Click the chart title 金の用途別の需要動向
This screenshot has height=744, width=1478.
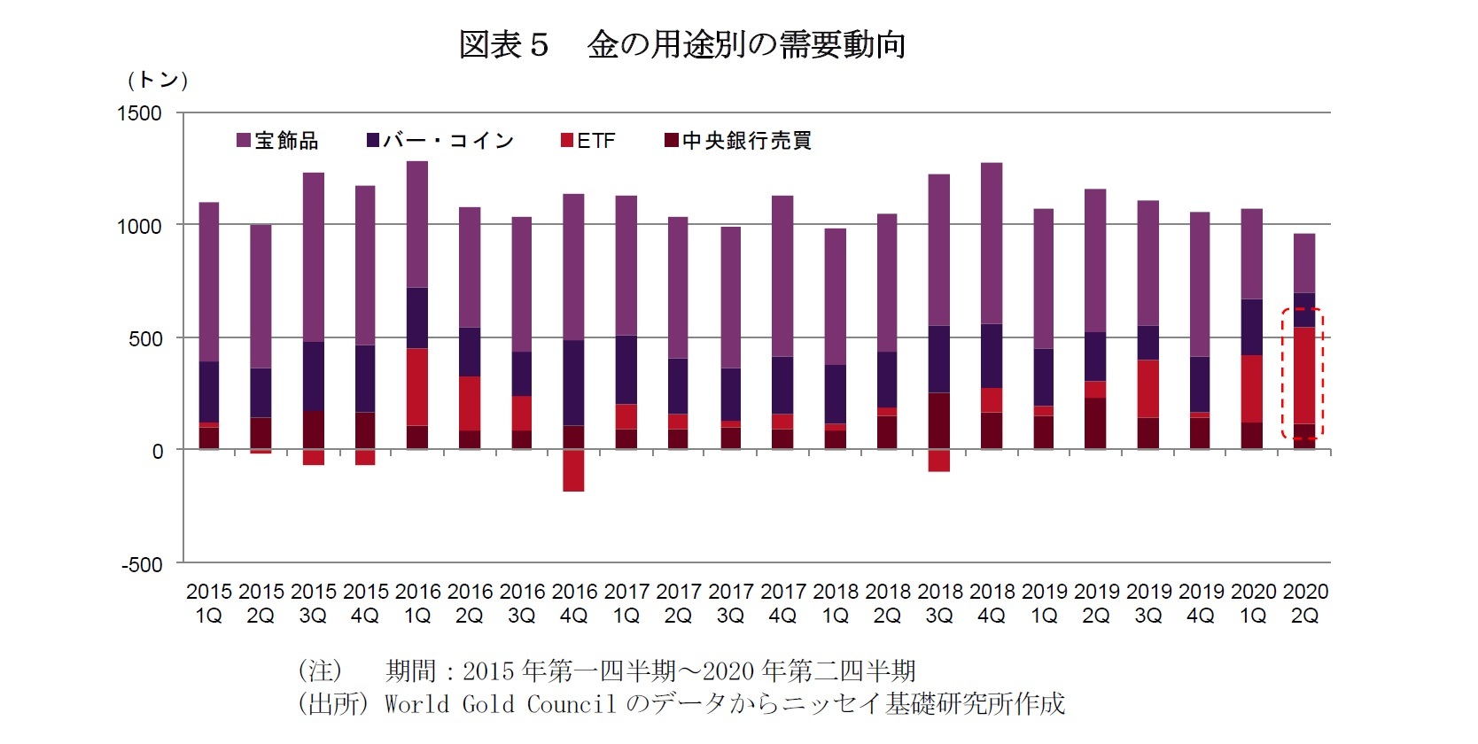pos(746,44)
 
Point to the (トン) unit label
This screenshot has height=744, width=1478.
pos(158,80)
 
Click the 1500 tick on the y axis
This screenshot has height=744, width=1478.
pos(140,113)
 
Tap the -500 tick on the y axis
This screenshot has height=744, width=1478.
pos(142,565)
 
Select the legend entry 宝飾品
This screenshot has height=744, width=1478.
pos(277,141)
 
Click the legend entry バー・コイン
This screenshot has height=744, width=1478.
pos(440,141)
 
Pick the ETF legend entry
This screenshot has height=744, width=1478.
pos(588,141)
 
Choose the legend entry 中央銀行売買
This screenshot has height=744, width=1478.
pos(738,141)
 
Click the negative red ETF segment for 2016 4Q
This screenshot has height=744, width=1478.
pos(573,470)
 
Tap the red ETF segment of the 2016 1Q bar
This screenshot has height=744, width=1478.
pos(416,387)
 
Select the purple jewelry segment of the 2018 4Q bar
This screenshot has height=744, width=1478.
pos(992,244)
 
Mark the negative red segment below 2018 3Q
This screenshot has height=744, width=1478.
pos(939,461)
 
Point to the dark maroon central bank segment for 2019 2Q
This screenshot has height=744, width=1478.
pos(1096,423)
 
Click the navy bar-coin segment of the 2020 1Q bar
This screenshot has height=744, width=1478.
pos(1251,328)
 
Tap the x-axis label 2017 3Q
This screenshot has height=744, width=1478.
pos(730,603)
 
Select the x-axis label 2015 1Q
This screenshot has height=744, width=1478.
pos(208,603)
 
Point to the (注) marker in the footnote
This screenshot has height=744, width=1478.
pos(320,670)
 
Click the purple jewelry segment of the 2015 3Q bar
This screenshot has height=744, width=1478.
pos(313,257)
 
